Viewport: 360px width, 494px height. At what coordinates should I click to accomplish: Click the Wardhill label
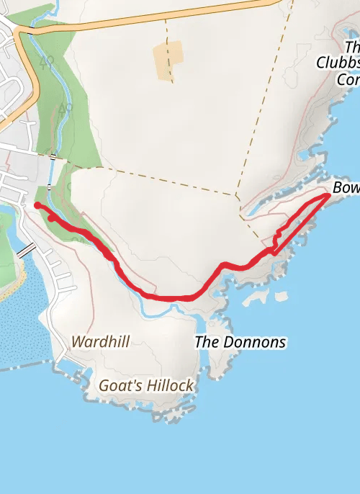[x=101, y=341]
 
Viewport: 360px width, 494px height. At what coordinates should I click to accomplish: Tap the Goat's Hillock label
[x=146, y=385]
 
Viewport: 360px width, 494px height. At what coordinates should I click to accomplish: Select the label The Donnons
[x=240, y=341]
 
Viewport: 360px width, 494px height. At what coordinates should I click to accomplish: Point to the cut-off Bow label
[x=346, y=189]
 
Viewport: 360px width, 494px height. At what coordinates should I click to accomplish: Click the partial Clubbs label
[x=338, y=63]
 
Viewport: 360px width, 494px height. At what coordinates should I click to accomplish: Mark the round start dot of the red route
[x=37, y=205]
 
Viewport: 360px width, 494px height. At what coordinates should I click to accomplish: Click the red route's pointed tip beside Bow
[x=329, y=195]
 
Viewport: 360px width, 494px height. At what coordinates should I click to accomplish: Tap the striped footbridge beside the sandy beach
[x=26, y=251]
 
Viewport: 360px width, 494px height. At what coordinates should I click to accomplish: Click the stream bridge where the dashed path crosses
[x=53, y=156]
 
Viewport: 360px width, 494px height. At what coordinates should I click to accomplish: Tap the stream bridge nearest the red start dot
[x=48, y=187]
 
